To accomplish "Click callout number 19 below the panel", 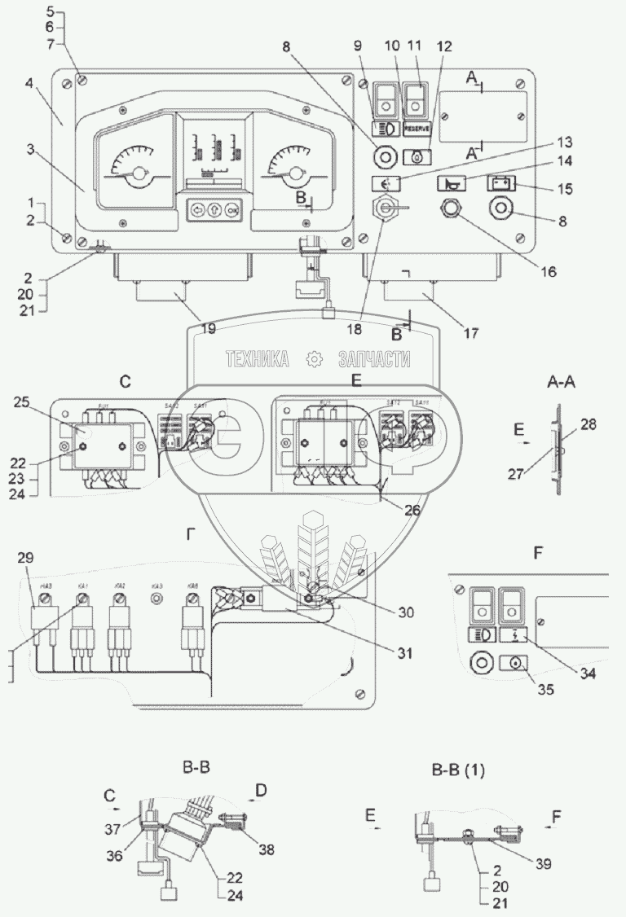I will coord(209,329).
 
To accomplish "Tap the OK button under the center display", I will coord(233,208).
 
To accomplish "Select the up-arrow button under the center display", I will coord(215,208).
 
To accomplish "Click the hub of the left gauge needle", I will coord(141,174).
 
